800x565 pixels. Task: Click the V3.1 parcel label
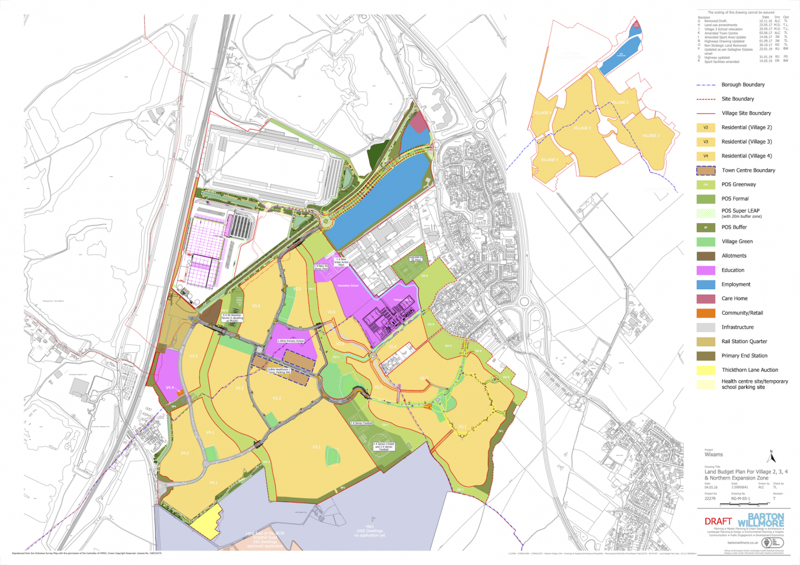click(316, 447)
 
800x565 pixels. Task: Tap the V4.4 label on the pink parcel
click(170, 387)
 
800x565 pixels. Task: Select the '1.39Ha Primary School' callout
click(290, 341)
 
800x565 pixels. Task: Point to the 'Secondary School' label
click(348, 286)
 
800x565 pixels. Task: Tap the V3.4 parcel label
click(256, 306)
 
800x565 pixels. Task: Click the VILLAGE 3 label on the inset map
click(582, 128)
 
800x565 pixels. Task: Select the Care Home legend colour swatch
click(705, 299)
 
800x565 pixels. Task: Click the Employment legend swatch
click(705, 284)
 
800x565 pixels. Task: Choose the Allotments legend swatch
click(705, 256)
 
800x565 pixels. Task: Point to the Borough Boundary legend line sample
click(705, 85)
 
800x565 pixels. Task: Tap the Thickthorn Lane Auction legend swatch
click(705, 370)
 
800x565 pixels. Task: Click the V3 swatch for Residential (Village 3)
click(705, 142)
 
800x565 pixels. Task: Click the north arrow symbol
click(771, 455)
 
